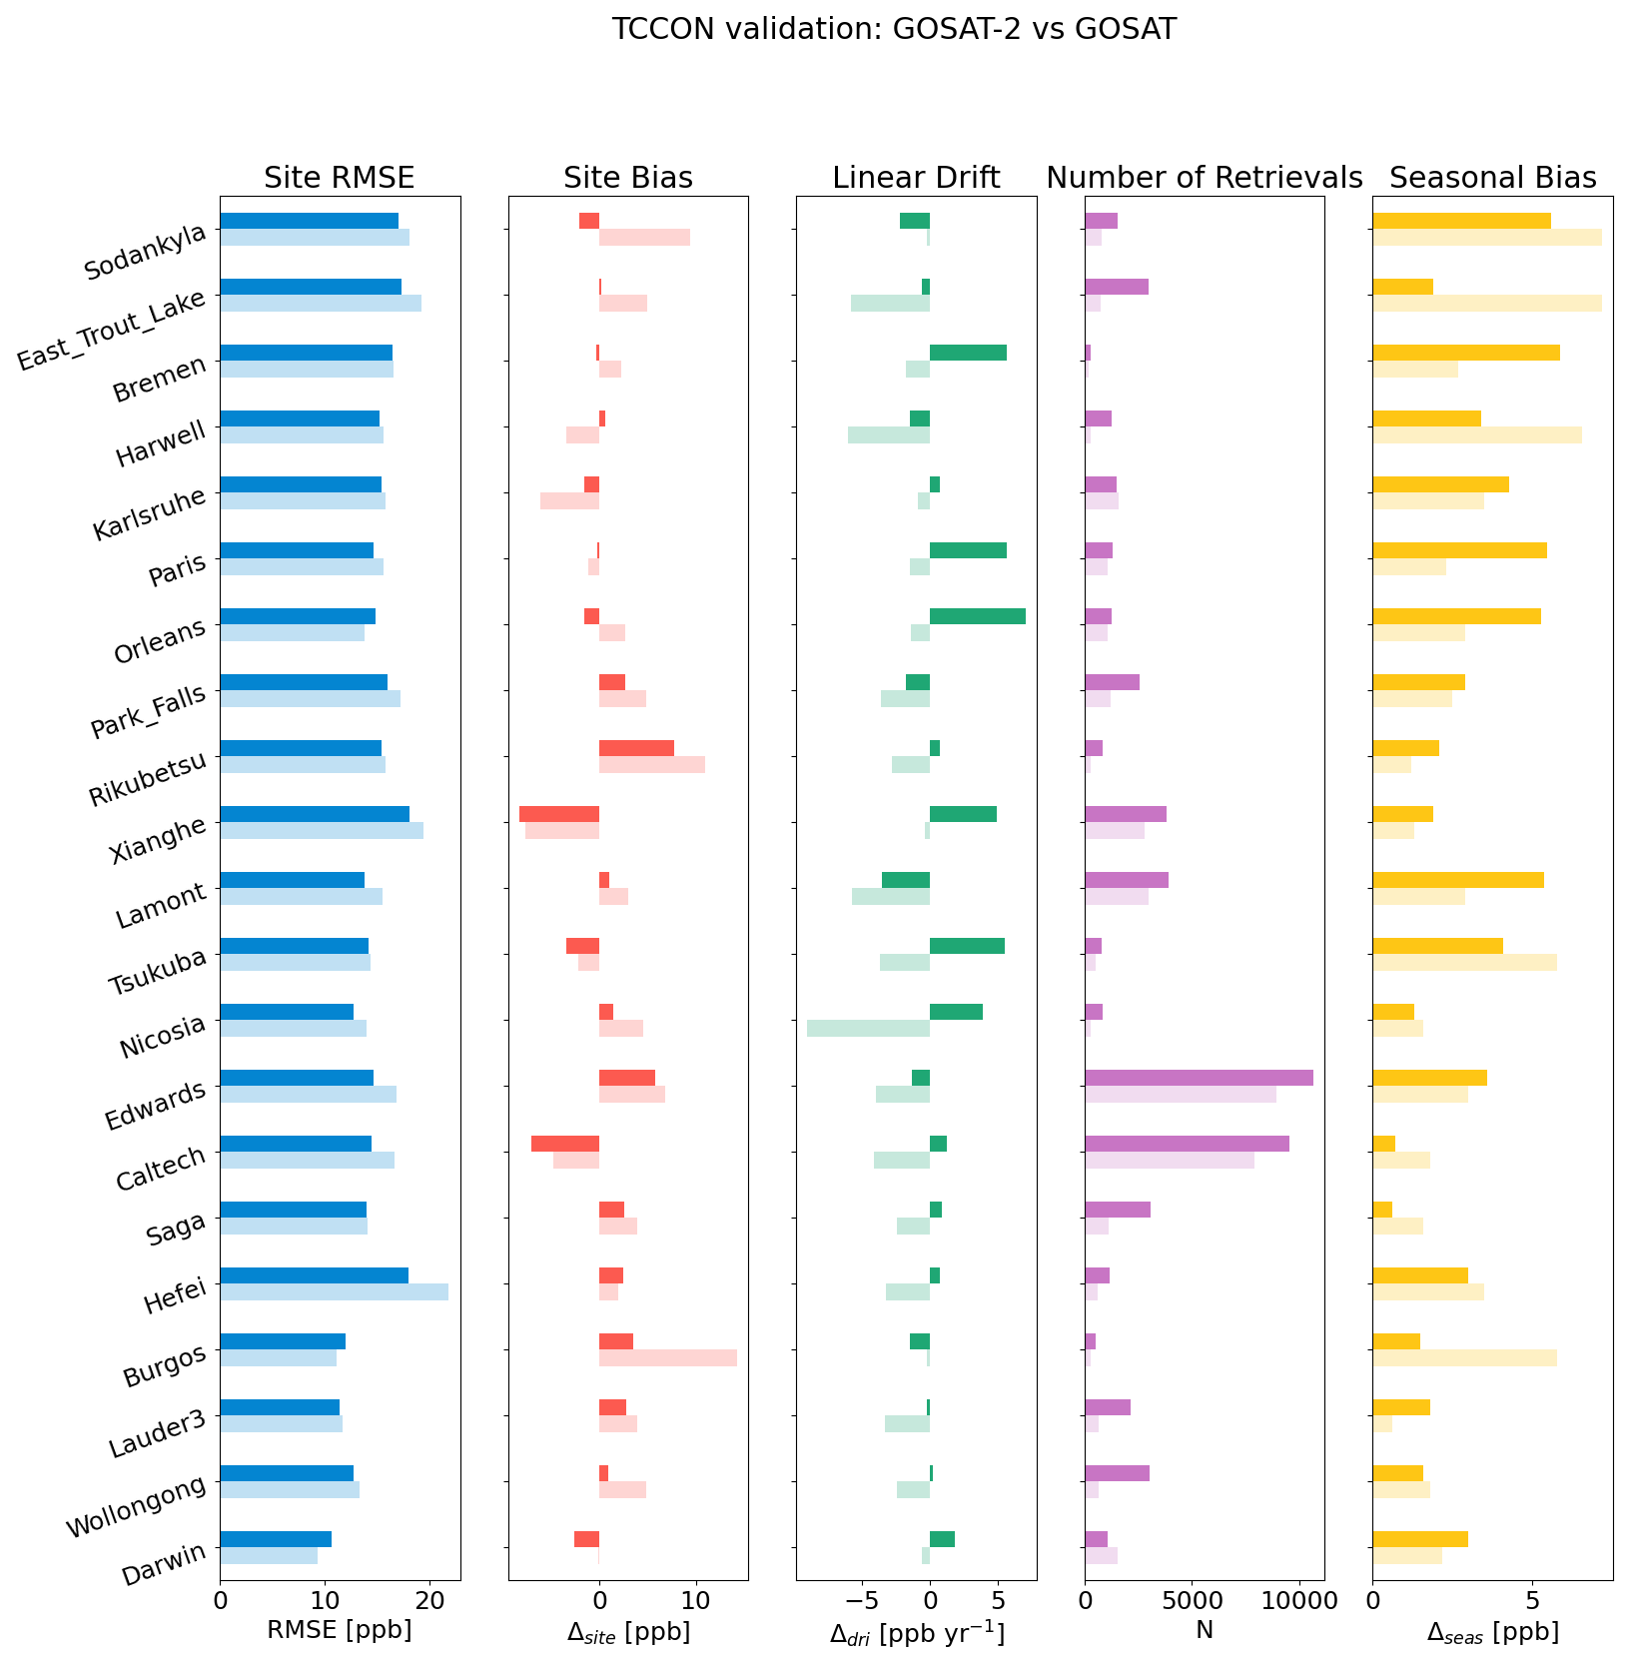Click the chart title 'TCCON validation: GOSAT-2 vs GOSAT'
click(x=894, y=30)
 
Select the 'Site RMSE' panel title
click(x=339, y=178)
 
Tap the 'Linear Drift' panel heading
click(x=916, y=178)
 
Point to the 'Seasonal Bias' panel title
click(x=1492, y=178)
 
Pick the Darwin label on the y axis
click(x=165, y=1563)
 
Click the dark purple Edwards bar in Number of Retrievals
click(x=1199, y=1078)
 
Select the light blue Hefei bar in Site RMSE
click(x=334, y=1292)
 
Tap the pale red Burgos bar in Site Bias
click(x=667, y=1358)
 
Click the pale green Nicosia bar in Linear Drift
click(x=868, y=1029)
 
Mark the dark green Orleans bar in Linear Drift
click(x=977, y=616)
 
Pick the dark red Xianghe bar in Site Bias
click(x=559, y=814)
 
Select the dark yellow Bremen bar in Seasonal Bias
click(x=1465, y=353)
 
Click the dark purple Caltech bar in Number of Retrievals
click(x=1187, y=1144)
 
